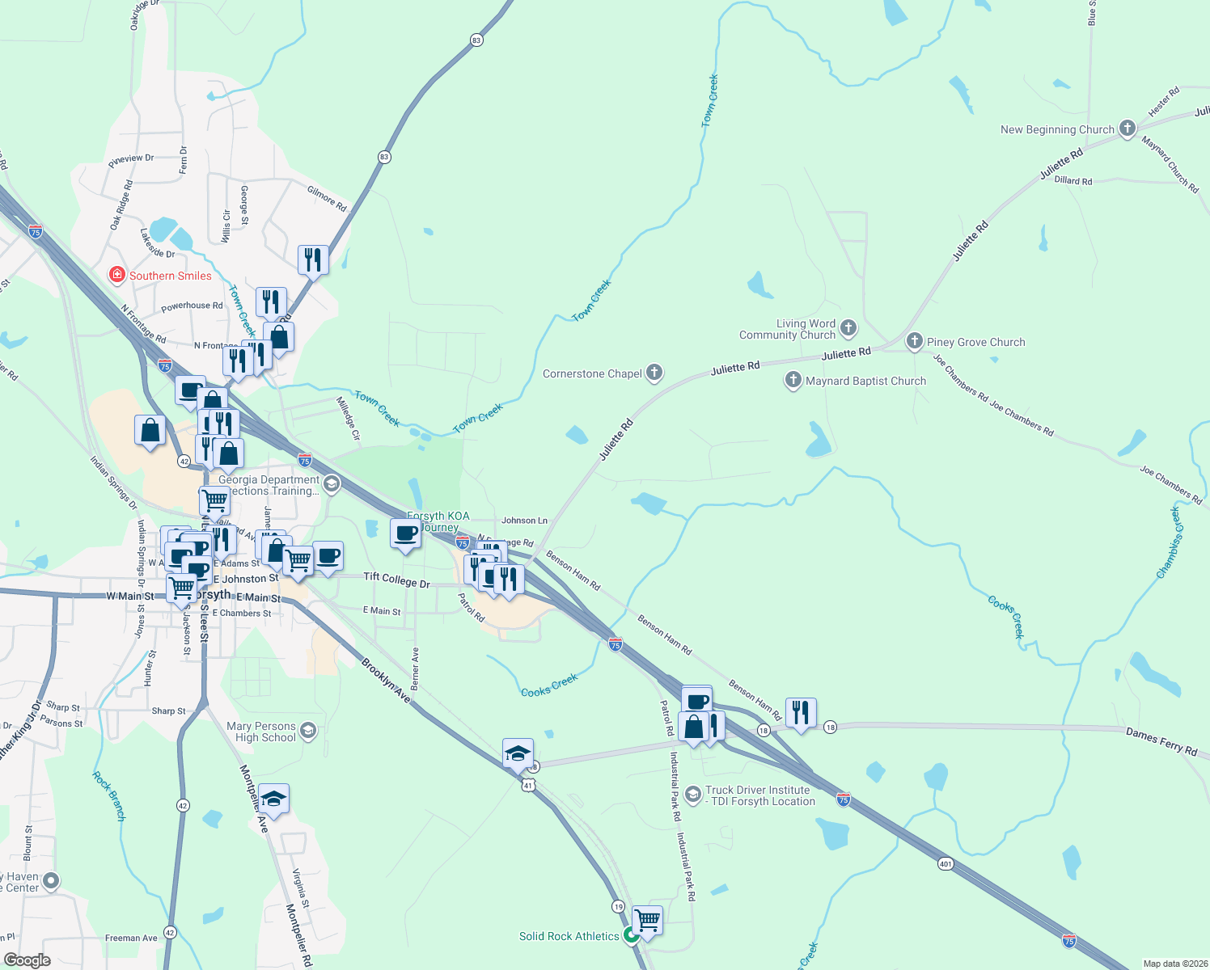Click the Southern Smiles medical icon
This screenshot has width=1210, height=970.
117,276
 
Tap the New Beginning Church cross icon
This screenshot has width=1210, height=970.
1127,129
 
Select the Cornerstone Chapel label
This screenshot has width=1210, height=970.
592,373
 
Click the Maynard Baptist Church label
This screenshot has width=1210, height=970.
865,381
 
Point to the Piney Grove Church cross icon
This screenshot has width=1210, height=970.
914,341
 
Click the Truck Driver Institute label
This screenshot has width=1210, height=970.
759,795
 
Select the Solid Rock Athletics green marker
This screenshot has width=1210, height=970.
631,935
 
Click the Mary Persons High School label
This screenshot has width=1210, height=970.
261,732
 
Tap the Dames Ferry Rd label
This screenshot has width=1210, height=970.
1161,742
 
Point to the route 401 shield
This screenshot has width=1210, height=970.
946,864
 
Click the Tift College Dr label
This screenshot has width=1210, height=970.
396,579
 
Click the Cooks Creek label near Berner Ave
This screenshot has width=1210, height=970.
549,685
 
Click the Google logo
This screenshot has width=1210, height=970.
27,960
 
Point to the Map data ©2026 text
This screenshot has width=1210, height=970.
1173,964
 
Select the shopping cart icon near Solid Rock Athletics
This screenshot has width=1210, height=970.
647,919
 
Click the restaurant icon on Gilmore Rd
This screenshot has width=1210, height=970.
312,260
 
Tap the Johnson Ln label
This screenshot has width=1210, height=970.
524,521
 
